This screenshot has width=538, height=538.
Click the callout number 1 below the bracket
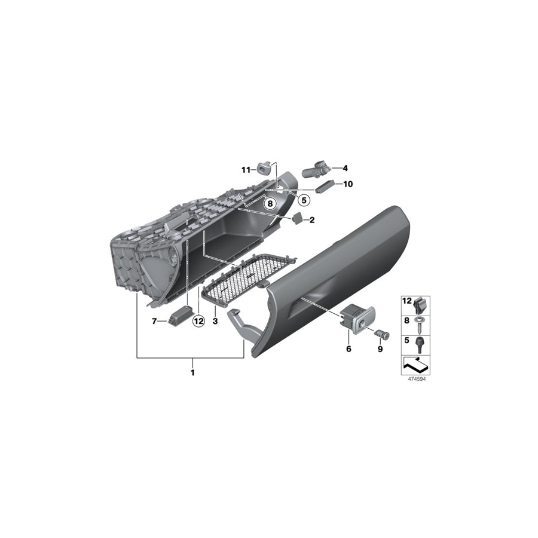click(x=192, y=372)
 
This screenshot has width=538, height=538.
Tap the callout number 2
click(x=312, y=220)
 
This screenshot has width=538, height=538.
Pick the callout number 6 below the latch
click(x=349, y=349)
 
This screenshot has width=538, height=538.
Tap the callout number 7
click(x=154, y=321)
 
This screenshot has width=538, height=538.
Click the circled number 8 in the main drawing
click(x=270, y=204)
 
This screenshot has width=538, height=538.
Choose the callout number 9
click(x=379, y=349)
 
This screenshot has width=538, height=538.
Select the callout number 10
click(x=348, y=184)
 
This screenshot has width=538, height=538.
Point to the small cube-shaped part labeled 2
click(x=296, y=219)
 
